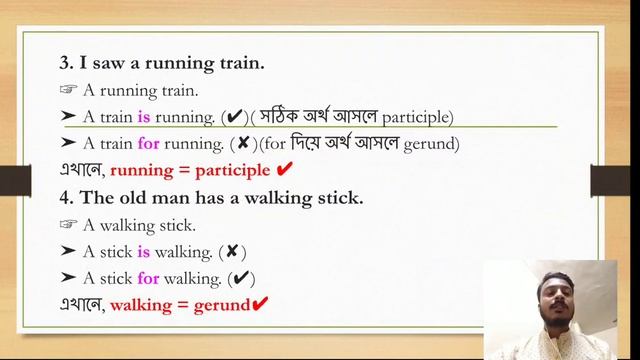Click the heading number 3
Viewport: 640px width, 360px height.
pos(65,64)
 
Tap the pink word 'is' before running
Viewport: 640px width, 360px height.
pos(144,117)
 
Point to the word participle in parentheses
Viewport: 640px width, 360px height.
pos(417,117)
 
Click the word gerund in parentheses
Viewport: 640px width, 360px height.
pos(431,144)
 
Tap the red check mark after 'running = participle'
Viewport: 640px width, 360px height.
pos(283,169)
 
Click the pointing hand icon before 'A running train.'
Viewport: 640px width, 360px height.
pos(68,90)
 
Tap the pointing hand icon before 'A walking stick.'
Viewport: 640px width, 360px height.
pos(68,225)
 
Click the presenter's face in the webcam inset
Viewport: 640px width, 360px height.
pos(549,297)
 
